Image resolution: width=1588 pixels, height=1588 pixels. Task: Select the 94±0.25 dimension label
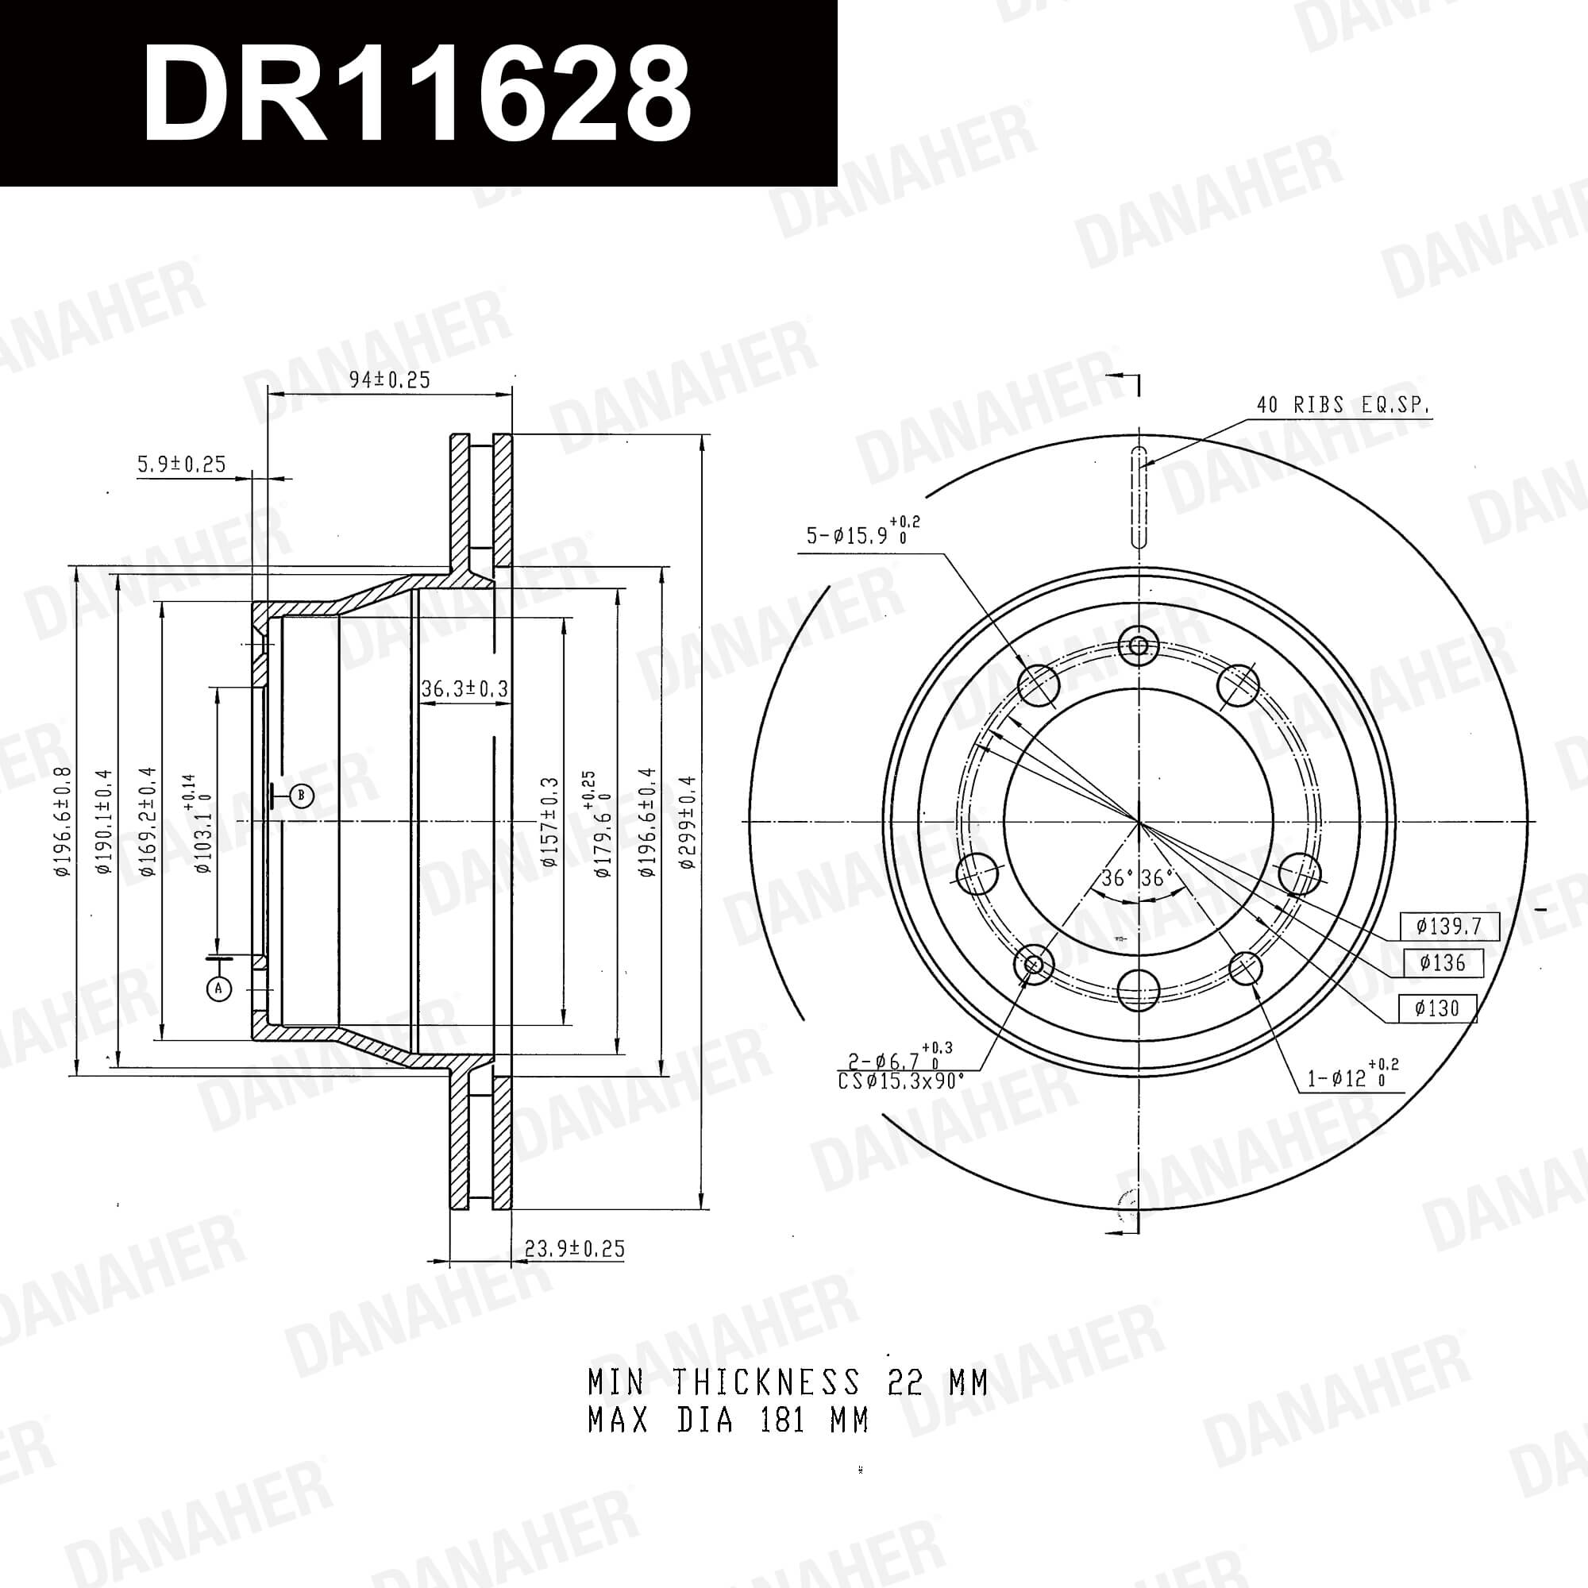coord(390,380)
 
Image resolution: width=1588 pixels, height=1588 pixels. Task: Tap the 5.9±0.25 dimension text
coord(181,464)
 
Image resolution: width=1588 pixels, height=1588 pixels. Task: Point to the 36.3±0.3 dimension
coord(464,688)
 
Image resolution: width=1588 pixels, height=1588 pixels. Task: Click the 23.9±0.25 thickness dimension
coord(575,1249)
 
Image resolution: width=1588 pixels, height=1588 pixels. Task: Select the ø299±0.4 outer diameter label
coord(687,822)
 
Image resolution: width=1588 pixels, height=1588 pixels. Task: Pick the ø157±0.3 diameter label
coord(549,822)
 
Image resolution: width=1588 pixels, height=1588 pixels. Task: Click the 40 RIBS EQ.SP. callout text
coord(1343,405)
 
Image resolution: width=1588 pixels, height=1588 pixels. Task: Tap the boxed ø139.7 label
coord(1449,927)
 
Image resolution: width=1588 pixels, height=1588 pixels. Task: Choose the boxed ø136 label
coord(1443,962)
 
